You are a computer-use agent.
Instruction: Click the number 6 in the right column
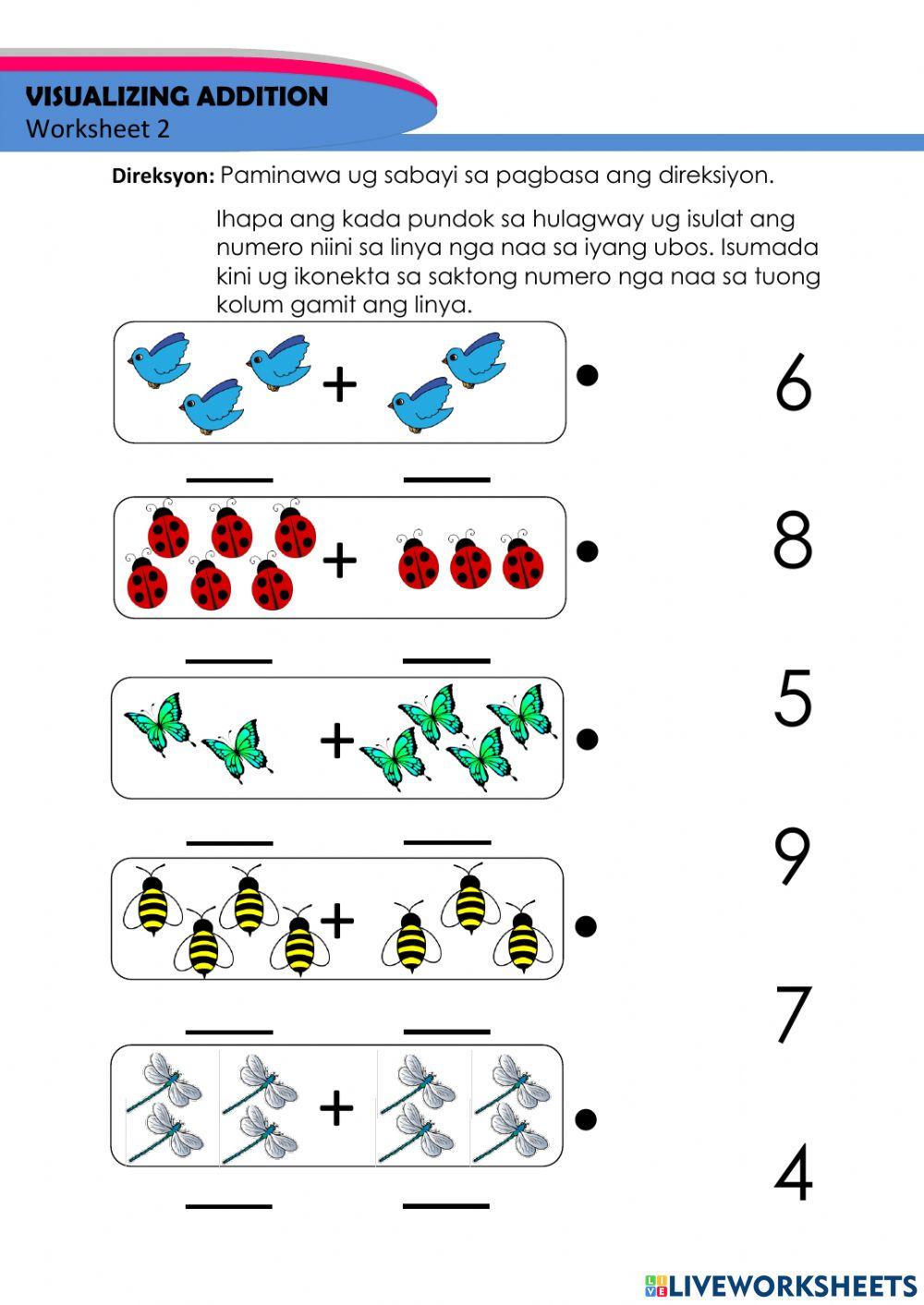click(x=793, y=383)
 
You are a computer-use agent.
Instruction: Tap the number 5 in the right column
click(x=793, y=698)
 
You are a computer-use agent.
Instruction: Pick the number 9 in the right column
click(x=793, y=856)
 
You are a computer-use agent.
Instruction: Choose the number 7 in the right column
click(x=793, y=1014)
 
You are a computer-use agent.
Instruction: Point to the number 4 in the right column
click(x=793, y=1172)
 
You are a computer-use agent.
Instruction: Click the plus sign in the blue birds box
click(x=339, y=384)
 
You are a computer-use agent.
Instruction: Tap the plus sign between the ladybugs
click(x=339, y=560)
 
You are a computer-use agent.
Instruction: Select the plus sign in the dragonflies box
click(x=336, y=1107)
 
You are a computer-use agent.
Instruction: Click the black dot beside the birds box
click(x=587, y=375)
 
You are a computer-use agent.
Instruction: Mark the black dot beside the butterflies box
click(x=587, y=739)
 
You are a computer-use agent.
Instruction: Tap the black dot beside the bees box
click(x=586, y=926)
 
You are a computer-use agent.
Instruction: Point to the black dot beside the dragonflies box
click(x=585, y=1119)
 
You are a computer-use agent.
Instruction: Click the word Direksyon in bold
click(x=163, y=176)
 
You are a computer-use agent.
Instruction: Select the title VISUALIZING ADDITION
click(x=176, y=97)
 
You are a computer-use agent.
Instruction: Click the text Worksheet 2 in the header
click(x=98, y=129)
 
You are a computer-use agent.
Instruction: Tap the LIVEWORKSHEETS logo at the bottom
click(x=781, y=1285)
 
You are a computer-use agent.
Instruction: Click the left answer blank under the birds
click(x=230, y=479)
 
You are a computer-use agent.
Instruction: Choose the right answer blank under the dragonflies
click(x=446, y=1205)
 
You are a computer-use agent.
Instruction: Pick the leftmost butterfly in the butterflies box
click(x=157, y=723)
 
